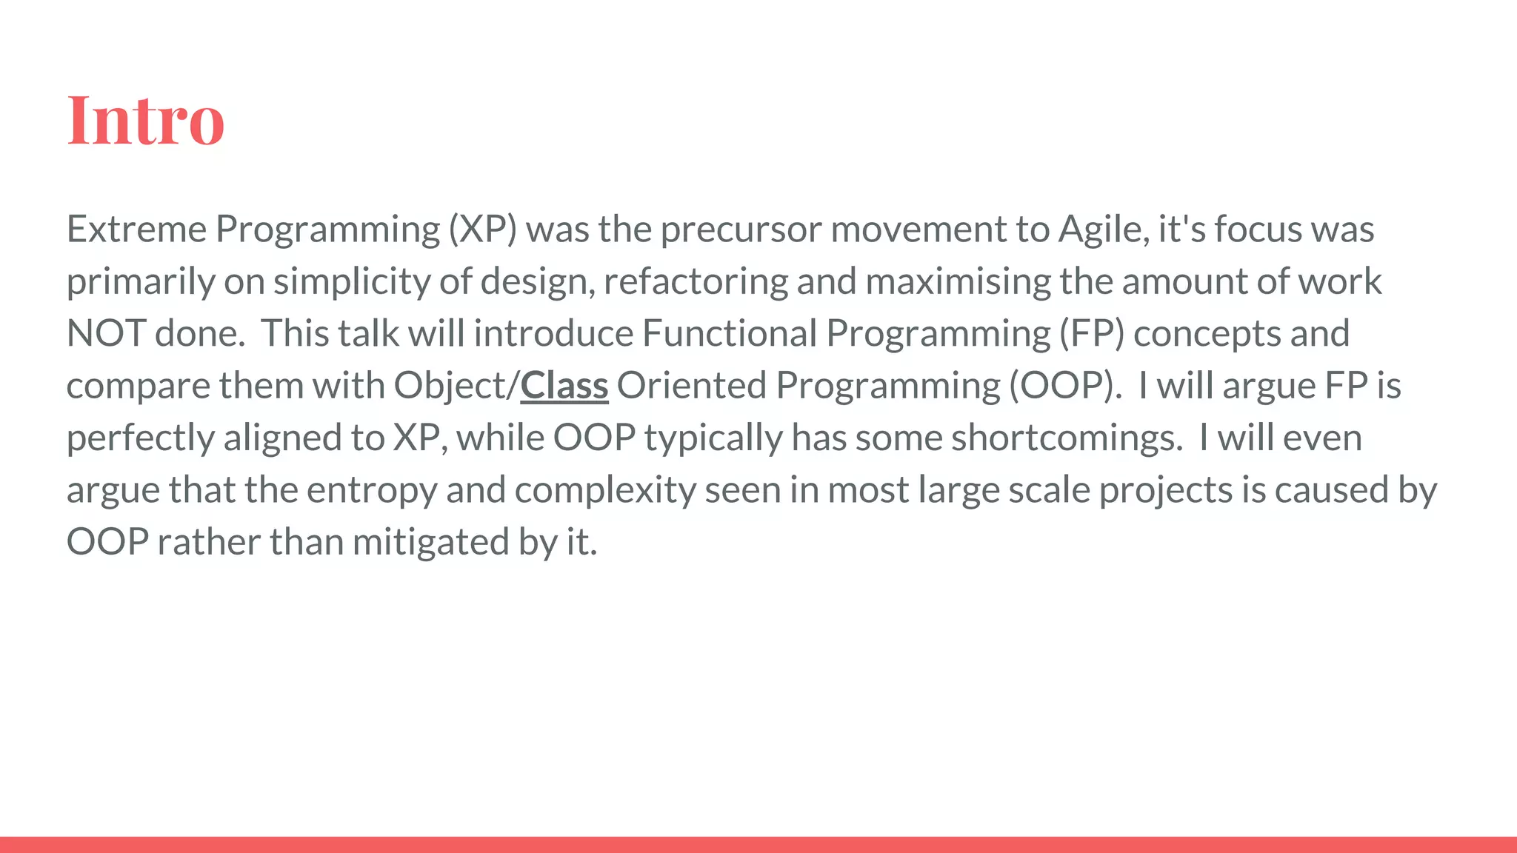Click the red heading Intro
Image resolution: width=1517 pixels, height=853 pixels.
pos(145,120)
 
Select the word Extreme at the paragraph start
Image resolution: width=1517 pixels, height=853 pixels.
pos(136,229)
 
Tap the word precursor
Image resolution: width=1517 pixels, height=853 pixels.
pos(740,229)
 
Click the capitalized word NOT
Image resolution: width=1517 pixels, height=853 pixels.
pos(105,333)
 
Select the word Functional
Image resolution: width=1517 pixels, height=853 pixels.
pos(729,333)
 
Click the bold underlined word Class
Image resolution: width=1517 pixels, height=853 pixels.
pos(564,386)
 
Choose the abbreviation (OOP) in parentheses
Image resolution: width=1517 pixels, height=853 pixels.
pos(1064,386)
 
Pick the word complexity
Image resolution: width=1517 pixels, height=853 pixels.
pos(604,490)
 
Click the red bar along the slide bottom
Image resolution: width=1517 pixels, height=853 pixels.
pos(758,844)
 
